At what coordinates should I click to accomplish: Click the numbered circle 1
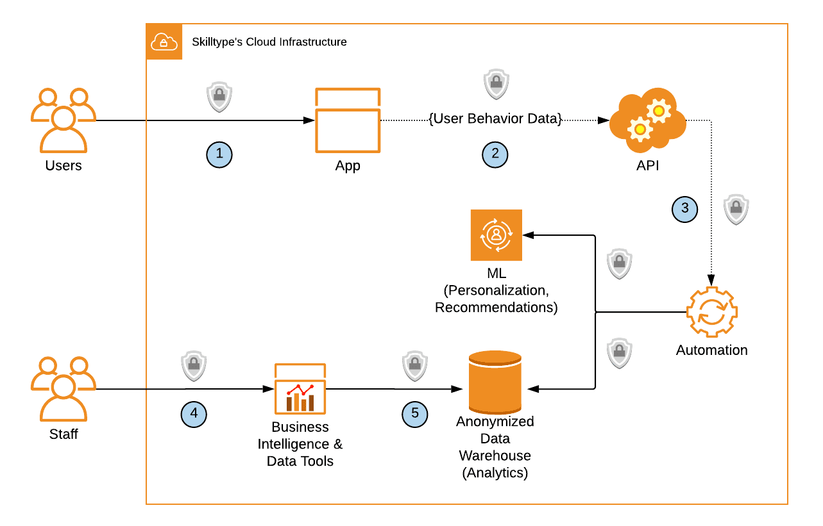[219, 154]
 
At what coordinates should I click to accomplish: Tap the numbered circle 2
[495, 154]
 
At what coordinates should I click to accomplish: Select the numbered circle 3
[685, 208]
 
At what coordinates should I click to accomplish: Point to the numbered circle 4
[194, 414]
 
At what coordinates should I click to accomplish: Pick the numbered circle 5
[415, 414]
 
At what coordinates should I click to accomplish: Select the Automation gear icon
[711, 313]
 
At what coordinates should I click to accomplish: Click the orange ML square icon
[496, 235]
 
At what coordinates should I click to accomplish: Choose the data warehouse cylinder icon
[495, 382]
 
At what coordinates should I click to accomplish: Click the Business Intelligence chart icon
[300, 388]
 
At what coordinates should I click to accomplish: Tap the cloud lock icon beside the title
[164, 42]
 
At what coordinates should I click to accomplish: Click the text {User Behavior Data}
[495, 119]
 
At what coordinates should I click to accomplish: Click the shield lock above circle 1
[219, 97]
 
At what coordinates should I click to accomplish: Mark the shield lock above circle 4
[193, 366]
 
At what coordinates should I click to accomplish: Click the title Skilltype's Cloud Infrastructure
[269, 42]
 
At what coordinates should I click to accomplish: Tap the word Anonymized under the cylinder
[495, 422]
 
